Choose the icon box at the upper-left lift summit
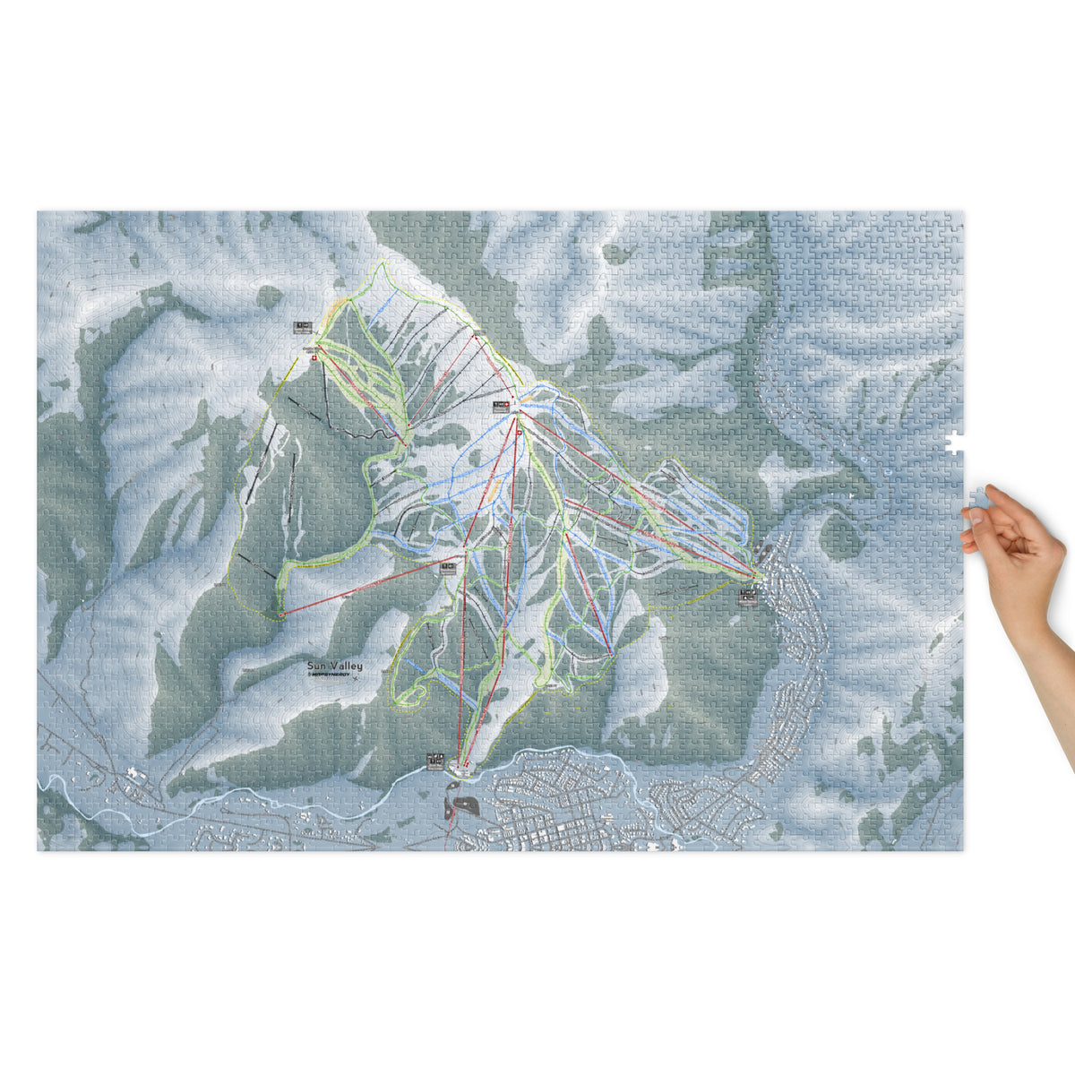[302, 328]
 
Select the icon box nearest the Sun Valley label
[448, 565]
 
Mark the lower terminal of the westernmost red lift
[282, 614]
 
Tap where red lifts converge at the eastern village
[755, 574]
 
